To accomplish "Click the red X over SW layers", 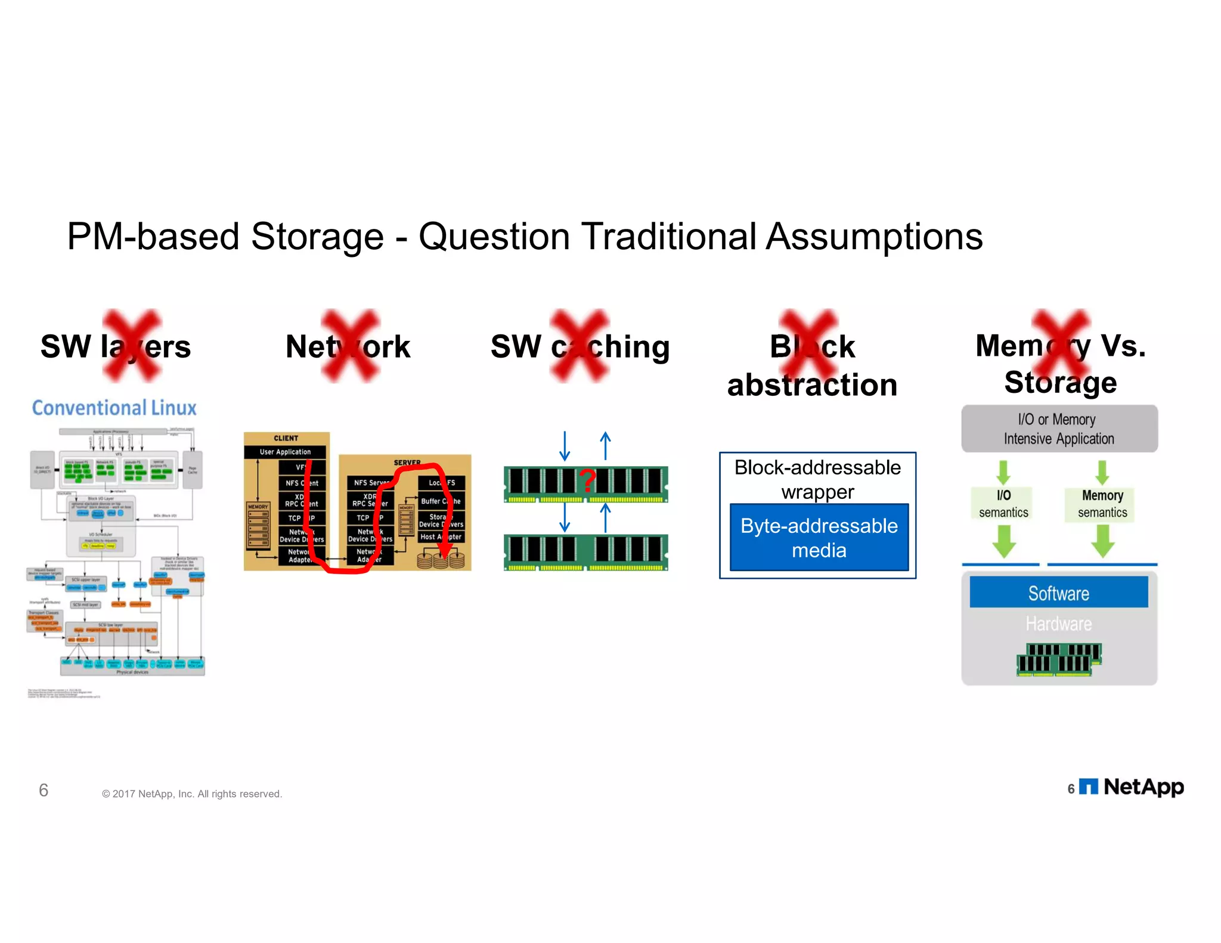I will (132, 346).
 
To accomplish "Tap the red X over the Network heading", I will (351, 346).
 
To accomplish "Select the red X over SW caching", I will (579, 346).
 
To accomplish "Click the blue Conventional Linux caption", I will (114, 408).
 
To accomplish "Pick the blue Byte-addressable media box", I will (819, 538).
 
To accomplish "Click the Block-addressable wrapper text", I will (817, 479).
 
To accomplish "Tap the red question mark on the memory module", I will (587, 480).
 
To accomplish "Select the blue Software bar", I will (1058, 593).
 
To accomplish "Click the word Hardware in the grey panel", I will (1058, 624).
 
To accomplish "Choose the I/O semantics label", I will (1003, 504).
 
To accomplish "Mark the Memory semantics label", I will (1102, 504).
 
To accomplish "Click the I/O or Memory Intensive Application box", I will (1059, 429).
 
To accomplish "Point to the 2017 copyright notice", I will (191, 794).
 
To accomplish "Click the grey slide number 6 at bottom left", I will (44, 790).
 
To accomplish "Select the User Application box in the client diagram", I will (285, 452).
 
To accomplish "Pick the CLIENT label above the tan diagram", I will (286, 438).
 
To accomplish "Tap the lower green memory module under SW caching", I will (585, 552).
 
